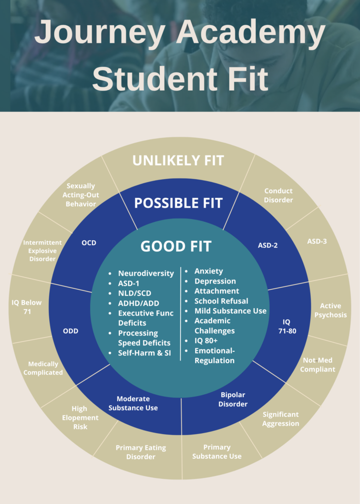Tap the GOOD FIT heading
[176, 247]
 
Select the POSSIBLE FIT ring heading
[178, 203]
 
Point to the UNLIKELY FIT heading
[178, 161]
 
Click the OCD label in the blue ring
[89, 243]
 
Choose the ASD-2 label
[268, 245]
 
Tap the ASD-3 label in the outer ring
[317, 241]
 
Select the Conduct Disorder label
[278, 195]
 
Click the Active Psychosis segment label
[330, 310]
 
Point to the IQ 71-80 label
[287, 326]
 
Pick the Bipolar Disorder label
[233, 399]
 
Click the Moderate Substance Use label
[133, 403]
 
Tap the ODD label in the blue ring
[71, 331]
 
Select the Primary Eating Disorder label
[141, 452]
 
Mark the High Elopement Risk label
[80, 417]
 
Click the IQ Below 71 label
[27, 307]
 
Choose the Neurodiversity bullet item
[146, 273]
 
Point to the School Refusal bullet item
[221, 301]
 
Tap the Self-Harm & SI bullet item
[144, 353]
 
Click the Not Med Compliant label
[318, 365]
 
